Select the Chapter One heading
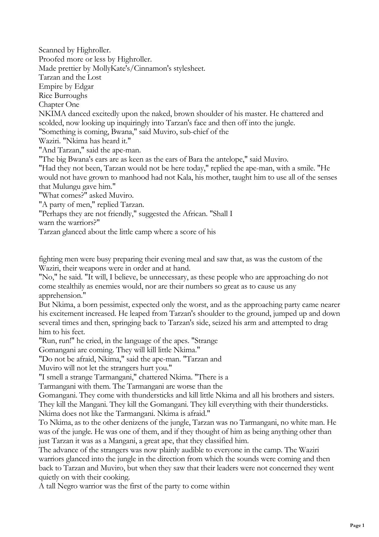[59, 105]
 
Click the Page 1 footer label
[357, 526]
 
